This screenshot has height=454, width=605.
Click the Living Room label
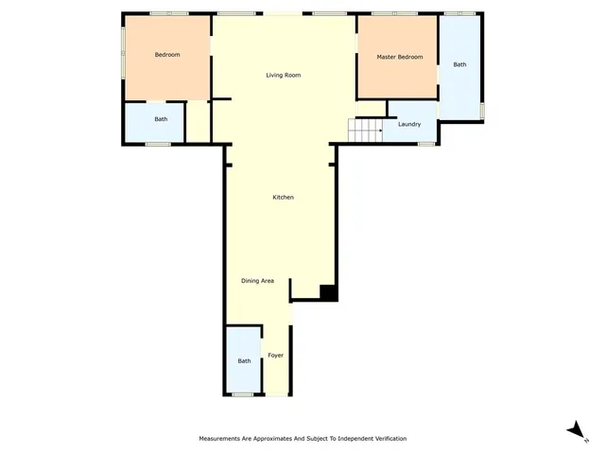283,75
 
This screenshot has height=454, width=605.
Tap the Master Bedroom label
399,57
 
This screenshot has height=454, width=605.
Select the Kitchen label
283,197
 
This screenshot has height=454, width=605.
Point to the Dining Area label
257,280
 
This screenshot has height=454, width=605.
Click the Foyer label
275,355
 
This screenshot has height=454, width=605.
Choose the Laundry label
409,124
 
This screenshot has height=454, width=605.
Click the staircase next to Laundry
365,130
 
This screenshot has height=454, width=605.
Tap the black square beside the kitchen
328,293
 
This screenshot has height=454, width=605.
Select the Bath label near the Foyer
244,360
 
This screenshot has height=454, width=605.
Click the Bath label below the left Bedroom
161,119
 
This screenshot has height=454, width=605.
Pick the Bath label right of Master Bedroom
459,64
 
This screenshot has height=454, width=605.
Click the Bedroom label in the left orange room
167,54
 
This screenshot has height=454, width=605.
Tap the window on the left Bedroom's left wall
123,52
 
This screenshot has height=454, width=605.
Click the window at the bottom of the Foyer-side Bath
243,394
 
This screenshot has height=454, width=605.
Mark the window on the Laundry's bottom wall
425,144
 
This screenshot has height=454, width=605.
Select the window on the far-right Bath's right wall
482,111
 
